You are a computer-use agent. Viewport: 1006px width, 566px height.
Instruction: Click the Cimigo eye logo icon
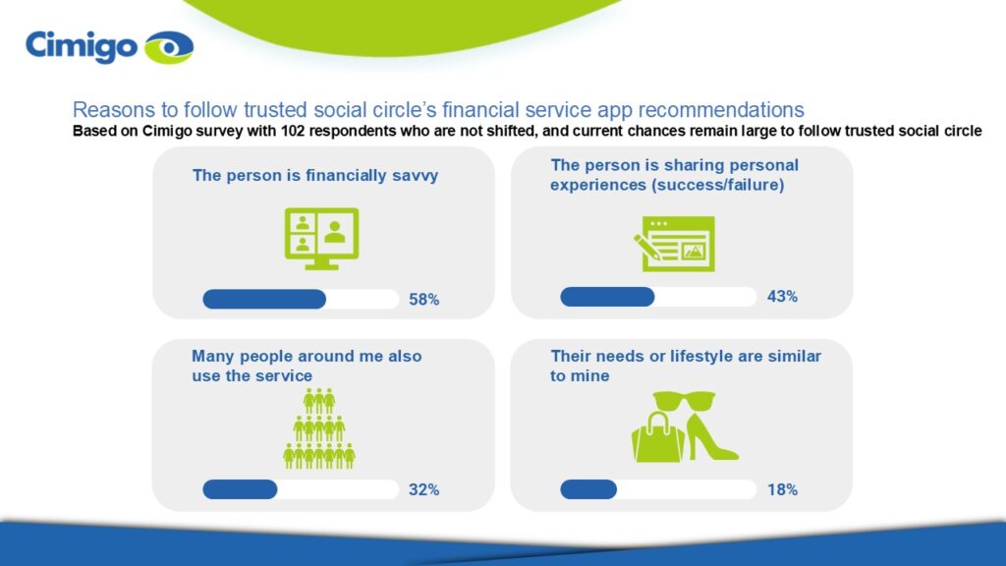169,47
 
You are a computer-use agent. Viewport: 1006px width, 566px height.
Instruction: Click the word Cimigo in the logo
82,47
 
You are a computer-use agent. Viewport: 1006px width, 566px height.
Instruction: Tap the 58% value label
424,300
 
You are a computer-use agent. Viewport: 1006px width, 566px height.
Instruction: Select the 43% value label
782,297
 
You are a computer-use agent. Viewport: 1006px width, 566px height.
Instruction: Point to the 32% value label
424,489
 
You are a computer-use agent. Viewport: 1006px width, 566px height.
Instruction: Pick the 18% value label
783,489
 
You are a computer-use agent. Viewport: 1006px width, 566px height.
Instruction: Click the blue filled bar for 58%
264,299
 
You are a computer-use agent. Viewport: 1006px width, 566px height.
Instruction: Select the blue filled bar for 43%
607,297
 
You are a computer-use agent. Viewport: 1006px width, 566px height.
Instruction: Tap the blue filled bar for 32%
240,489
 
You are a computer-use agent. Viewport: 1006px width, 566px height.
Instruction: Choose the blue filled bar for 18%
588,489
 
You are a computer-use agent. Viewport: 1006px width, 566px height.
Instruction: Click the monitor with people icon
321,239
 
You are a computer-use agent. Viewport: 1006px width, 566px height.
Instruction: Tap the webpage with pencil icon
674,244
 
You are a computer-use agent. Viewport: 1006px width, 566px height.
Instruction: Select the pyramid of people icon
319,428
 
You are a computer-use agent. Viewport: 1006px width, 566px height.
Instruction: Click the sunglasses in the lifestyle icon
684,401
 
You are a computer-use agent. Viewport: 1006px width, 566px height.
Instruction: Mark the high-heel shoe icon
712,437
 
